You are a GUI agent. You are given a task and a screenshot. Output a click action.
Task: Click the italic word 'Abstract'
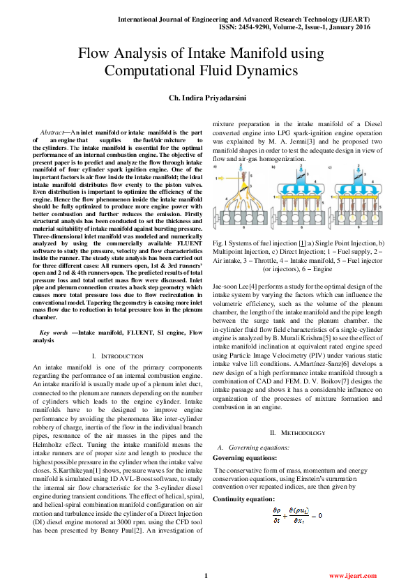pos(52,132)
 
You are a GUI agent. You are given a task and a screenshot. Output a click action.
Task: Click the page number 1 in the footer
pos(206,576)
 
